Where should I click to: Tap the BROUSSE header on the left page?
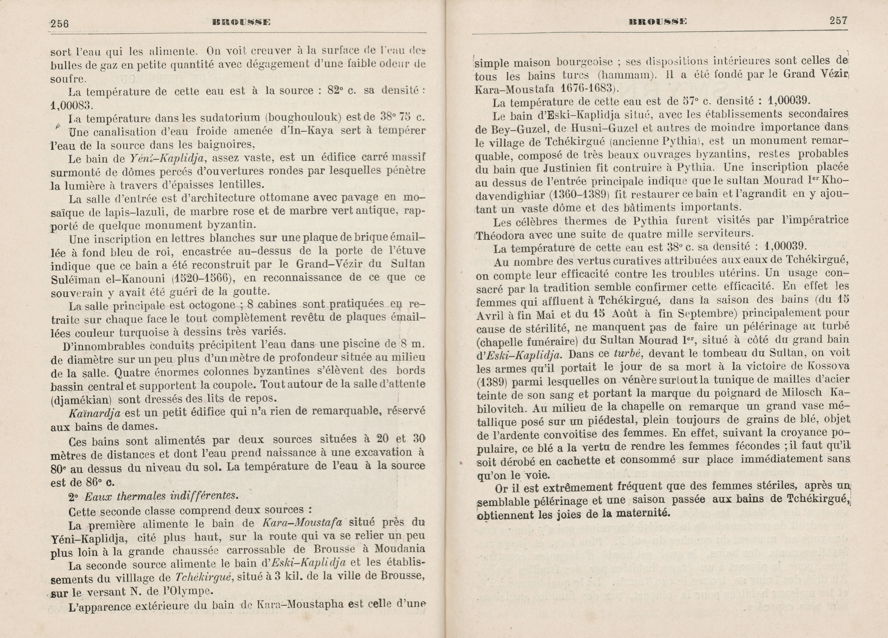[241, 22]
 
